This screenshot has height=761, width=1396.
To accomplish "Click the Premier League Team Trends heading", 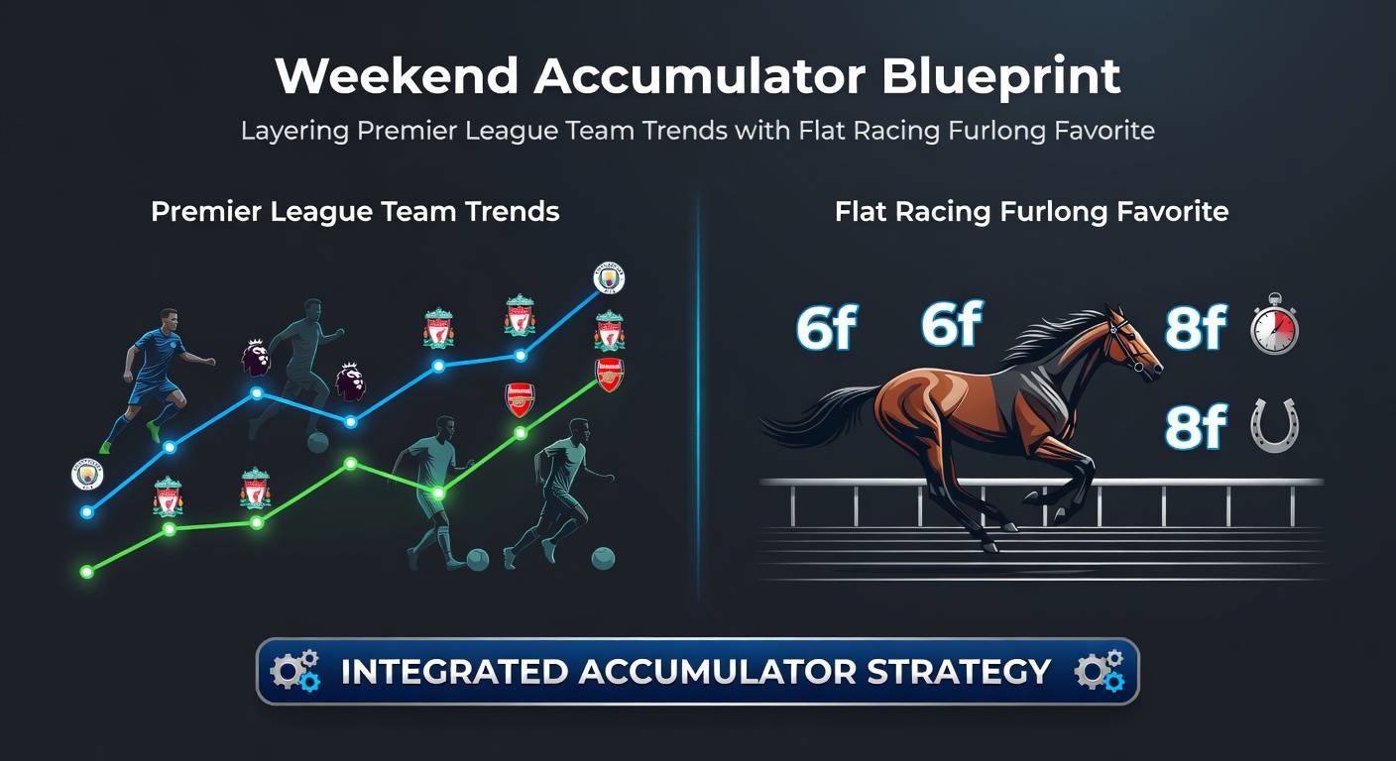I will [355, 211].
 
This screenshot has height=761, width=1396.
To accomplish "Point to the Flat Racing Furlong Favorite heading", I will [1032, 211].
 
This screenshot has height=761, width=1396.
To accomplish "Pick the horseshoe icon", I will [1274, 427].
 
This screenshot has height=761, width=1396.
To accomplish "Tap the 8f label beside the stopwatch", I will [1195, 328].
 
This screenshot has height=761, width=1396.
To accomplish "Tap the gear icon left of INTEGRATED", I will [294, 671].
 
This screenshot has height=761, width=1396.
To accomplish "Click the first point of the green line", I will [86, 571].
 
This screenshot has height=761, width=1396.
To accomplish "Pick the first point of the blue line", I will [86, 512].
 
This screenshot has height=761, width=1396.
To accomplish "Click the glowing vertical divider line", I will [698, 396].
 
